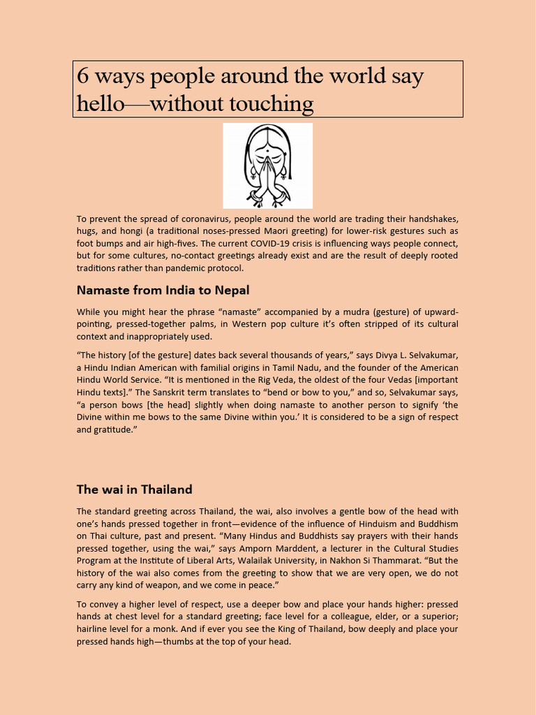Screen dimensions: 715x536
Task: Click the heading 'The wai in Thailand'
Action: coord(134,489)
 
